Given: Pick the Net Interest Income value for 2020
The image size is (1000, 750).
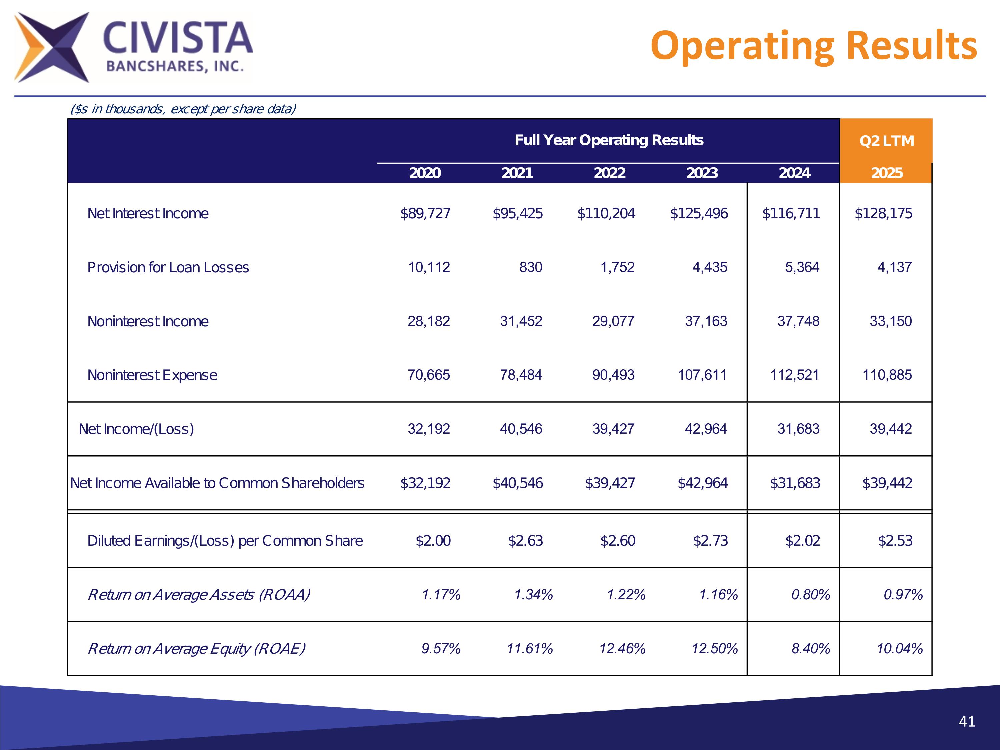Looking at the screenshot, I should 425,213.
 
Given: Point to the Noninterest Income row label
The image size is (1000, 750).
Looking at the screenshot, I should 148,321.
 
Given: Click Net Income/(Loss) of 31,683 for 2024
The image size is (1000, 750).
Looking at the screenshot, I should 798,429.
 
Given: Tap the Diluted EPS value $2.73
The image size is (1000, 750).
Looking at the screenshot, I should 710,541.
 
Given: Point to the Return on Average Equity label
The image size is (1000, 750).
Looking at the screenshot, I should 196,649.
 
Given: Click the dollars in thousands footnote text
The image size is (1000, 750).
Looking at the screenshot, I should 183,109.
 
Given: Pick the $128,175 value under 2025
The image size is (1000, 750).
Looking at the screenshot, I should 883,213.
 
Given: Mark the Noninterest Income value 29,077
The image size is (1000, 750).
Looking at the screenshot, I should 613,321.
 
